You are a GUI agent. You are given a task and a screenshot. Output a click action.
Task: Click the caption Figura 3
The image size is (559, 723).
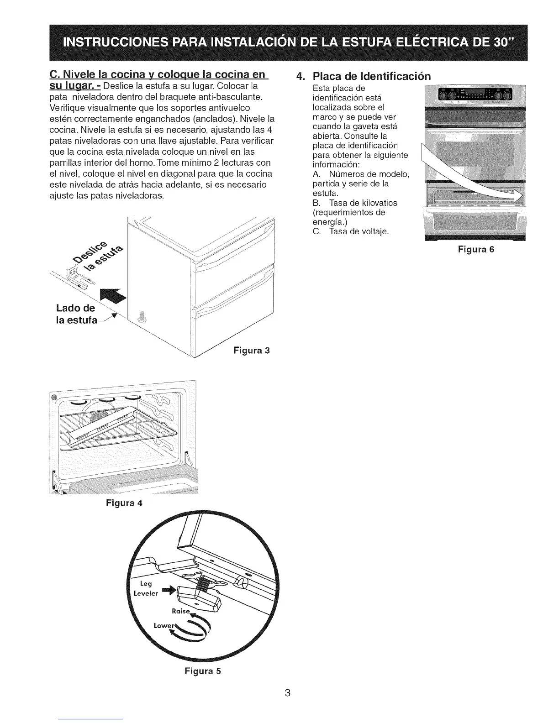point(252,351)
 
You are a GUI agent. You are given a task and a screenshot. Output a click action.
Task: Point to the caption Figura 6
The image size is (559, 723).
point(476,250)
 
